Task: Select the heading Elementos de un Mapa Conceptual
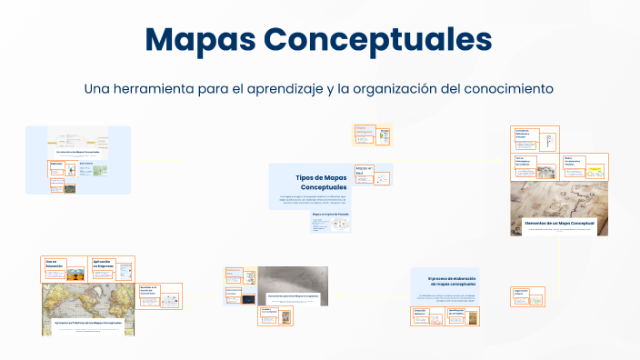tap(559, 223)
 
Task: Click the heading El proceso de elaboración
tap(450, 281)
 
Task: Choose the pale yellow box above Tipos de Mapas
tap(374, 135)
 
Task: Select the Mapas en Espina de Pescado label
tap(330, 215)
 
